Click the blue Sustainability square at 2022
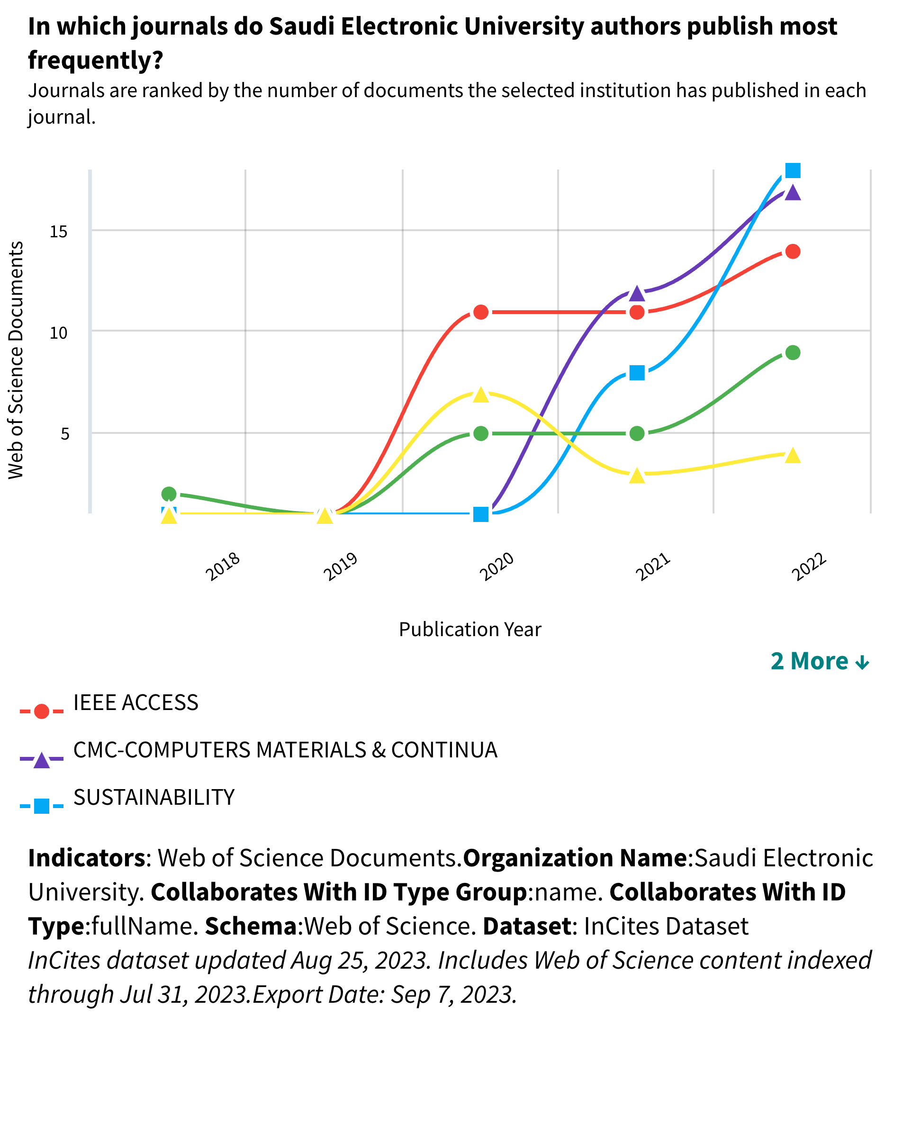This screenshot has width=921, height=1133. tap(792, 170)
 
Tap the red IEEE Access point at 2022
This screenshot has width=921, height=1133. tap(792, 252)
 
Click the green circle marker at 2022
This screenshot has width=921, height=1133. tap(792, 353)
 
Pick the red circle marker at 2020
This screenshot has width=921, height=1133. tap(481, 312)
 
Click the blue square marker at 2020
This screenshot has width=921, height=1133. tap(481, 514)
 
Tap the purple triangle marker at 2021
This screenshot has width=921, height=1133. tap(637, 293)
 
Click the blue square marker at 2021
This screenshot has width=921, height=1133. tap(637, 373)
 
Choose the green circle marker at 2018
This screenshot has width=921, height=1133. tap(169, 494)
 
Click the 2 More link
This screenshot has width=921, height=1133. tap(819, 661)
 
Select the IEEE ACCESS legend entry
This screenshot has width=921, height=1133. tap(135, 703)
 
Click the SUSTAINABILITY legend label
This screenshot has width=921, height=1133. tap(154, 797)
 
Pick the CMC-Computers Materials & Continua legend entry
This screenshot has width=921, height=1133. tap(285, 750)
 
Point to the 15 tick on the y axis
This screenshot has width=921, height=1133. tap(59, 231)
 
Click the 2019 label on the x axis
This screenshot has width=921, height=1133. tap(341, 566)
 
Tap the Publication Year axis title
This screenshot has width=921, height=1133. tap(470, 629)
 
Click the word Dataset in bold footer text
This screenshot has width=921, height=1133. tap(526, 926)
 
